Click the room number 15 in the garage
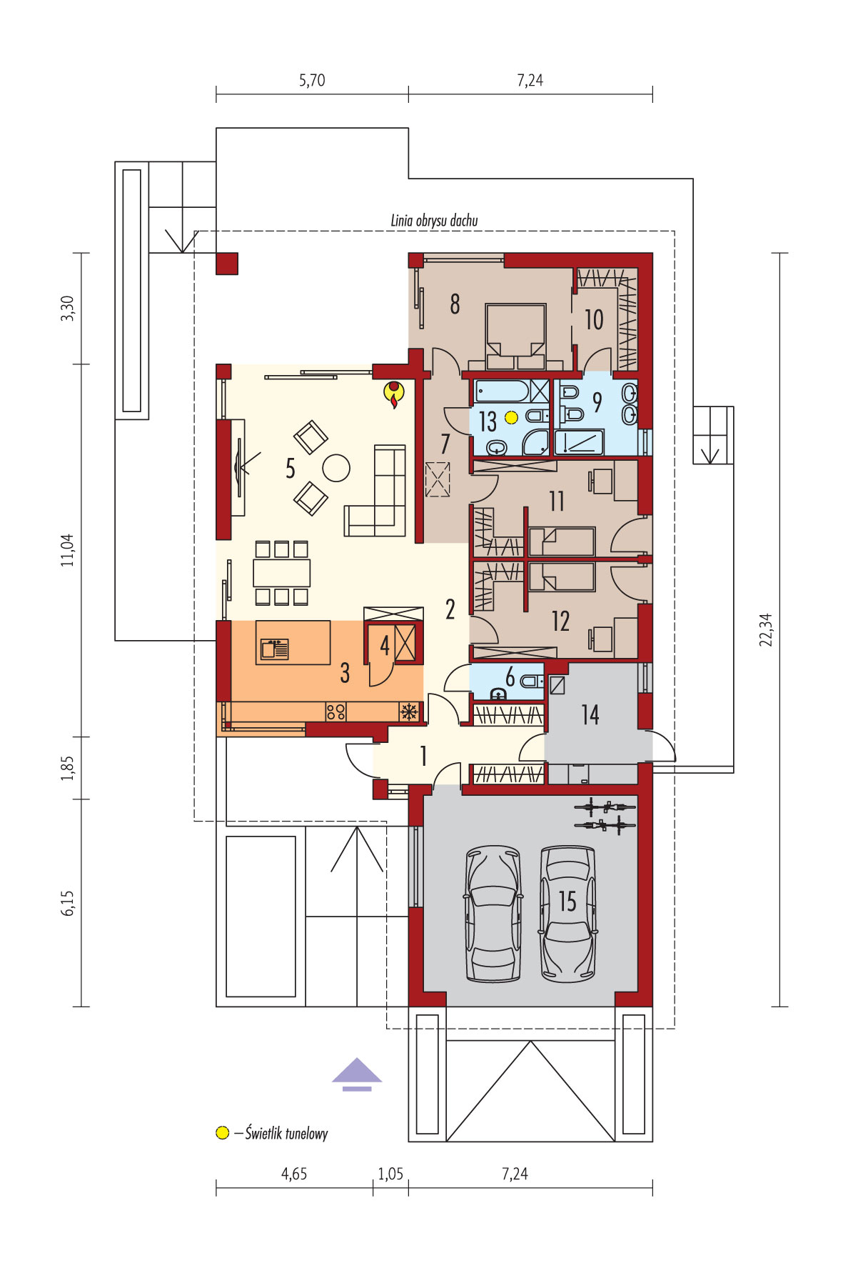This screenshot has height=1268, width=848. click(567, 902)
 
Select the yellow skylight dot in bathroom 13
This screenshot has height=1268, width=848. click(511, 418)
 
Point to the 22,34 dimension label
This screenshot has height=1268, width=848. click(766, 629)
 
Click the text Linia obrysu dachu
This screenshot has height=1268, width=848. click(434, 220)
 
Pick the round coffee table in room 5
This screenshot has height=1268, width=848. click(336, 469)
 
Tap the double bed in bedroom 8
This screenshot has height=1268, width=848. click(516, 336)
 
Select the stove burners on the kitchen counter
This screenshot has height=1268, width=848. click(336, 712)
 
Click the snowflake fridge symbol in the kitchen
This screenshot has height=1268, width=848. click(409, 712)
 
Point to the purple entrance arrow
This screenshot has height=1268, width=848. click(357, 1074)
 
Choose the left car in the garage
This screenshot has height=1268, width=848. click(493, 914)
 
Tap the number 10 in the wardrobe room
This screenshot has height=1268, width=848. click(594, 319)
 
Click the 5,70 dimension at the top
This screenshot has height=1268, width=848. click(312, 80)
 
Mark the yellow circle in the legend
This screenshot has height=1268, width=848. click(223, 1133)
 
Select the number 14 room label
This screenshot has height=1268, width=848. click(590, 714)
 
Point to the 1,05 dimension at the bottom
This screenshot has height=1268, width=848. click(390, 1174)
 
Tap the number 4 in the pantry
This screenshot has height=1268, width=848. click(385, 645)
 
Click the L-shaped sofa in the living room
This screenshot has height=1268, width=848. click(377, 492)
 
